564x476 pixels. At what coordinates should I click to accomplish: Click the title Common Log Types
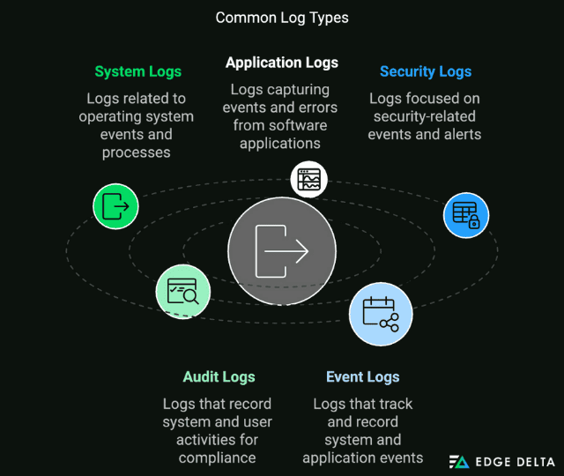pyautogui.click(x=281, y=18)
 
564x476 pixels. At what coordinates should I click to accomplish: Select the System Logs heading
pyautogui.click(x=138, y=71)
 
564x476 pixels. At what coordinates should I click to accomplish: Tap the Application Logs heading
pyautogui.click(x=281, y=63)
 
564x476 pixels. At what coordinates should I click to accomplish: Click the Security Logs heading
pyautogui.click(x=426, y=71)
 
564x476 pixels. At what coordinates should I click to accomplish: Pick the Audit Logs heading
pyautogui.click(x=219, y=377)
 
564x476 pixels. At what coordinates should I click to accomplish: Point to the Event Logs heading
pyautogui.click(x=362, y=377)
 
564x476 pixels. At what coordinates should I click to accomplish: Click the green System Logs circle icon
pyautogui.click(x=115, y=206)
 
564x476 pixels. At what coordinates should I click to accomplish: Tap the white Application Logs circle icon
pyautogui.click(x=308, y=179)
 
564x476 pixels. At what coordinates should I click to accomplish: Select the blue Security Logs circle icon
pyautogui.click(x=465, y=215)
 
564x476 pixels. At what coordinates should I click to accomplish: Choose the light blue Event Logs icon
pyautogui.click(x=380, y=314)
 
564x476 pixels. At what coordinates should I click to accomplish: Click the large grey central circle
pyautogui.click(x=281, y=250)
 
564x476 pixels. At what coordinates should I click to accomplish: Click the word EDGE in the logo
pyautogui.click(x=492, y=462)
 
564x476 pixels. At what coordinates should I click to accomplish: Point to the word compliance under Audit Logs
pyautogui.click(x=217, y=457)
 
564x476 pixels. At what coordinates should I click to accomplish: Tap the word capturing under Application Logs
pyautogui.click(x=299, y=90)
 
